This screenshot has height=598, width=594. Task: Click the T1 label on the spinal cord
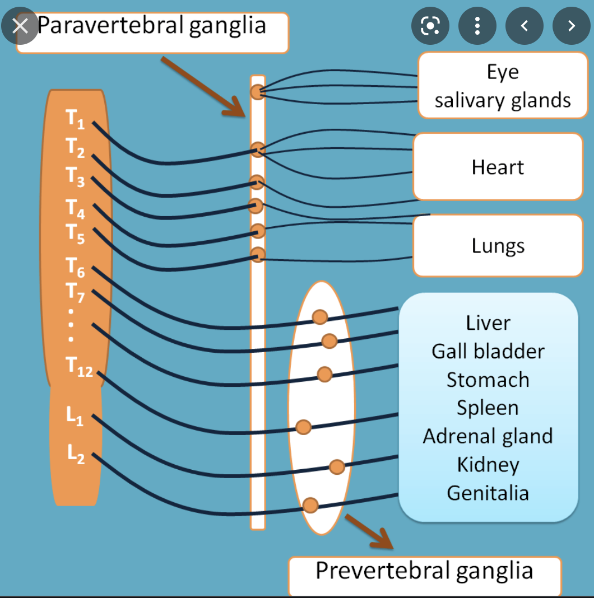pos(75,119)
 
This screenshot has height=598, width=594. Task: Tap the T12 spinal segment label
pos(79,367)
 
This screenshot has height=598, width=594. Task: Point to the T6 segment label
pos(75,267)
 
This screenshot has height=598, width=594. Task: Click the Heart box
pos(498,167)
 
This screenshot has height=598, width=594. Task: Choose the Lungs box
pos(498,246)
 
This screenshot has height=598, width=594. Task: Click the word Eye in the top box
pos(503,72)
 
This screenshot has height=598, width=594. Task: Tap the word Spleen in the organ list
pos(488,408)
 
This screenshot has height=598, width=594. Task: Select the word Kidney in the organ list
pos(488,464)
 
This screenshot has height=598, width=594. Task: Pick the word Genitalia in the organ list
pos(488,493)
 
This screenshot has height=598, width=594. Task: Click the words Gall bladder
pos(488,351)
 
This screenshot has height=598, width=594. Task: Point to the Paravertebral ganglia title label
pos(152,26)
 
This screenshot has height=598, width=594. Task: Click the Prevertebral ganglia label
pos(424,571)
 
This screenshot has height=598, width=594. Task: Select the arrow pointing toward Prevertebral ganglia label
pos(369,531)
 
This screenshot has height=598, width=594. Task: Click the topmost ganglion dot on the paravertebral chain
pos(257,92)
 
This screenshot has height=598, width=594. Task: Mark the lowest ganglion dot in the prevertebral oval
pos(310,506)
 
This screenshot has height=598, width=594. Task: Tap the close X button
pos(20,26)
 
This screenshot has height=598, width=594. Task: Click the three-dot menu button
pos(477,26)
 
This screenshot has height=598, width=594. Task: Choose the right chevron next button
pos(571,26)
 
